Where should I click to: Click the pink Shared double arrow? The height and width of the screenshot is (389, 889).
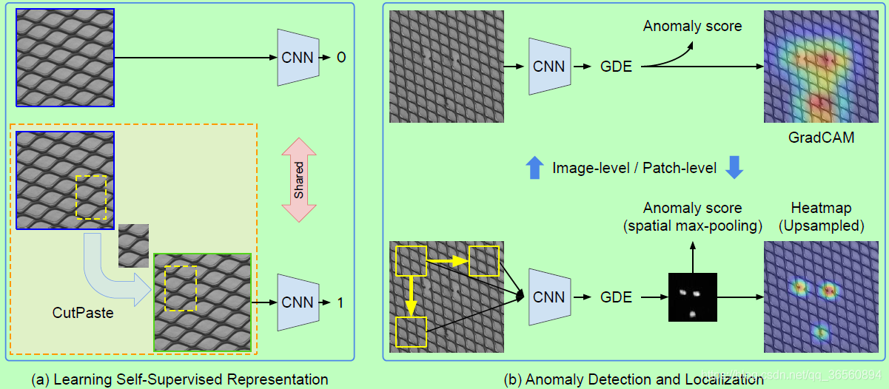(x=299, y=180)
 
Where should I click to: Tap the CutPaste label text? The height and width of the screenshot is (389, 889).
(x=83, y=313)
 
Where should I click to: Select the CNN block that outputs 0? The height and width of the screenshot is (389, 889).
(x=298, y=57)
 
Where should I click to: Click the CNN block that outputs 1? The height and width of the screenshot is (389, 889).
(x=298, y=302)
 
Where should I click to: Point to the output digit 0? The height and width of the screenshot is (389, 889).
(x=341, y=57)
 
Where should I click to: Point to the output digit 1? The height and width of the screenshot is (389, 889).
(x=340, y=302)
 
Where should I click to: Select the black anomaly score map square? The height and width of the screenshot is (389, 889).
(x=693, y=297)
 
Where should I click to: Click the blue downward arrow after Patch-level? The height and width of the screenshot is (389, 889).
(x=733, y=168)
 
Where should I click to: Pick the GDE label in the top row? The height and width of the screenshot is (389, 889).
(x=616, y=67)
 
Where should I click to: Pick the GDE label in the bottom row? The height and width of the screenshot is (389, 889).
(x=616, y=297)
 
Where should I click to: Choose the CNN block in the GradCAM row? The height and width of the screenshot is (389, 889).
(x=549, y=67)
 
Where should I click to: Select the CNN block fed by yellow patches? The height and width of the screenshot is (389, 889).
(x=549, y=297)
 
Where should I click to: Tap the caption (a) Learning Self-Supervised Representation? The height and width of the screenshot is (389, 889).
(x=180, y=379)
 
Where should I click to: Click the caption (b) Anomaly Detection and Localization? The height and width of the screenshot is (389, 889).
(x=634, y=379)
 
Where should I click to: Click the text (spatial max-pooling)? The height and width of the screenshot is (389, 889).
(x=692, y=226)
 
